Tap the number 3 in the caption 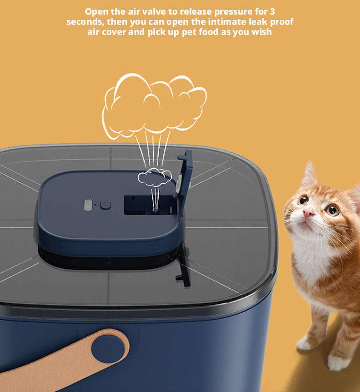[272, 12]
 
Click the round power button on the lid [105, 205]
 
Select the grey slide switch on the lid [88, 205]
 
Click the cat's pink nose [308, 213]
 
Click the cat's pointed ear [309, 174]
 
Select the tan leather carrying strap [64, 363]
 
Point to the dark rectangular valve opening [148, 205]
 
